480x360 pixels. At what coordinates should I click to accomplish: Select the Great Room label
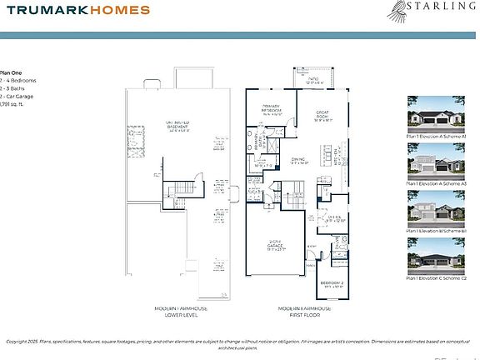[x=324, y=116]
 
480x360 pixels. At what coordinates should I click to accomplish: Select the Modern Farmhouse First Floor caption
[x=302, y=312]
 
